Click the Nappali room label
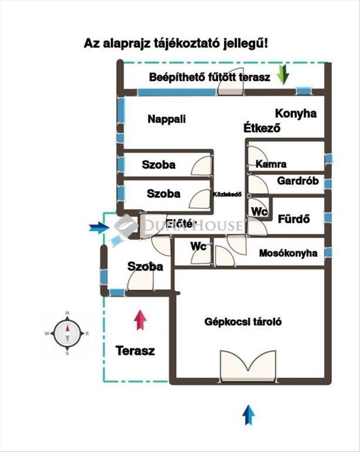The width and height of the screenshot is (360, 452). pos(167,119)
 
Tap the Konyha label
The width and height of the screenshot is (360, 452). pos(296,113)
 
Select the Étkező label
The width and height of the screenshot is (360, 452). pos(262,128)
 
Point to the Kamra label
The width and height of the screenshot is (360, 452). pos(271,164)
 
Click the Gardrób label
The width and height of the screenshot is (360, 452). pos(298,182)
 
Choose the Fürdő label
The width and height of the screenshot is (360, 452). pos(294,219)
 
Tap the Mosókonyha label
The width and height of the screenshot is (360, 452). pos(288,254)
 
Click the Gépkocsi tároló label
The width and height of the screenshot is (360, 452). pos(243,322)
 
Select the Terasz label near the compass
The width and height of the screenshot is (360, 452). pos(135,350)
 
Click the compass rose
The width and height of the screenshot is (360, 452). pos(67,334)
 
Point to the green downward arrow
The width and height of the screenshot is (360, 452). pos(283,75)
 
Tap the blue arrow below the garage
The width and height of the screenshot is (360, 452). pos(248,415)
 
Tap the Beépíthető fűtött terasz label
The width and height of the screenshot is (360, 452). pos(210,77)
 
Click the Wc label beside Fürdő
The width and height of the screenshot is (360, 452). pos(259,211)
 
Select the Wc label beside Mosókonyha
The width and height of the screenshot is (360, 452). pos(198,246)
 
